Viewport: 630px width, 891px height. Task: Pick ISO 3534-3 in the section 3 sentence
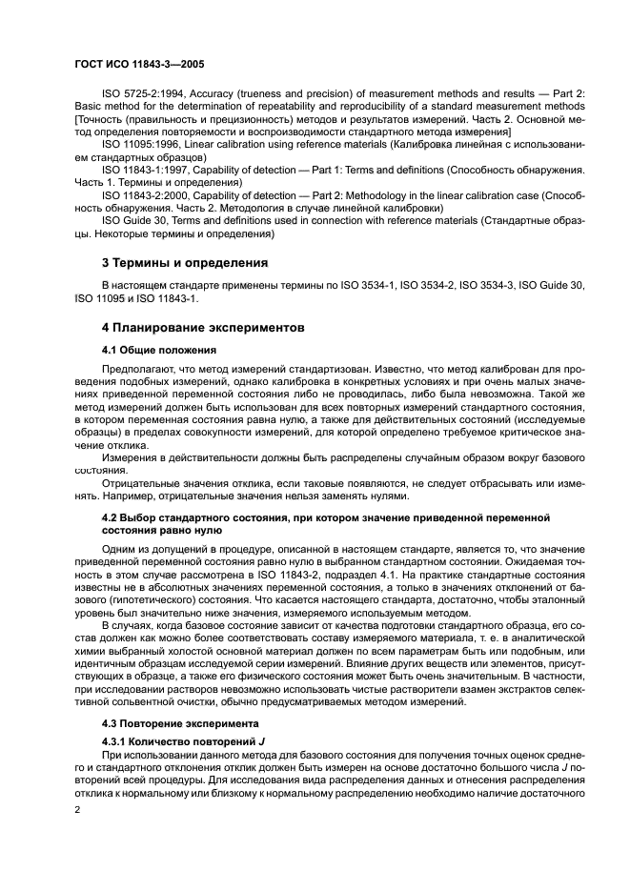[x=490, y=286]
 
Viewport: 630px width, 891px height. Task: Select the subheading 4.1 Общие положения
[x=159, y=350]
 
